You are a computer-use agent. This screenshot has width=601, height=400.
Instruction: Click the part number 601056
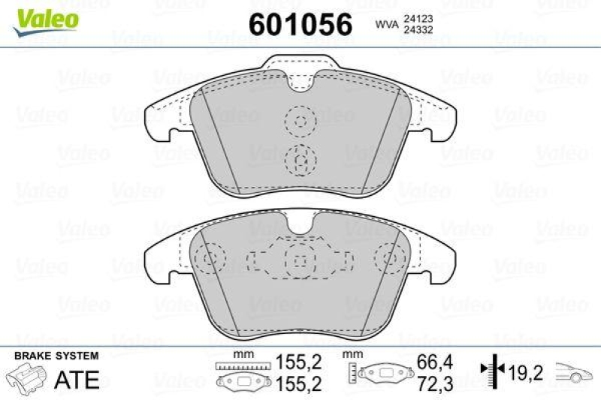pos(300,25)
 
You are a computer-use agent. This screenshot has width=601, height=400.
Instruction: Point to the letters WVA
pos(385,25)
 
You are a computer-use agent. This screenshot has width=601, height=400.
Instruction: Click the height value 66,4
pos(435,362)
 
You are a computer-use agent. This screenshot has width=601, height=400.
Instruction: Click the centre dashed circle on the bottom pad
pos(300,259)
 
